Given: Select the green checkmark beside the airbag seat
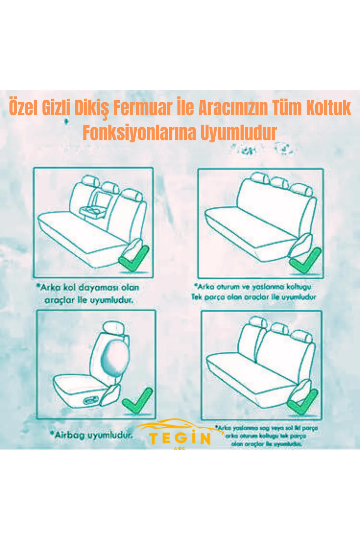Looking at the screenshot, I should coord(138,401).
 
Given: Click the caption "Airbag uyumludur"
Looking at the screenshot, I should coord(91,435).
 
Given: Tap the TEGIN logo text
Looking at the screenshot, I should coord(180,438).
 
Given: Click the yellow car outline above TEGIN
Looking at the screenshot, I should coord(177,425).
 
